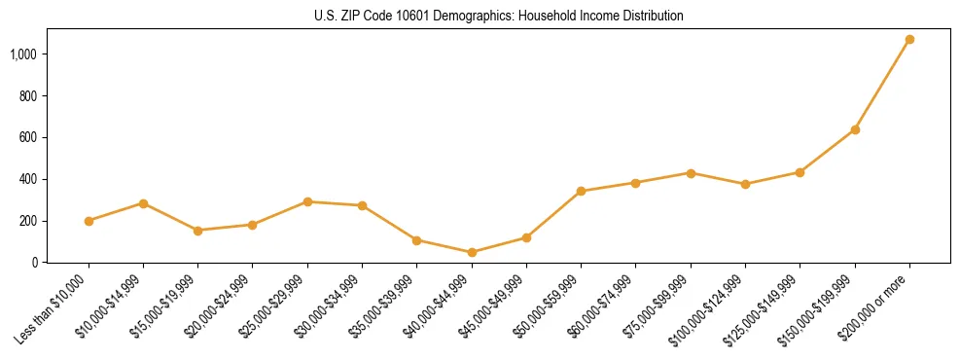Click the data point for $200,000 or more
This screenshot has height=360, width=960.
[909, 40]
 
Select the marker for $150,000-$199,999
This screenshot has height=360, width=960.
[855, 129]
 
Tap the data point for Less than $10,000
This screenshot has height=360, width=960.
[89, 221]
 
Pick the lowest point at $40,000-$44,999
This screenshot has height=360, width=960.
[472, 252]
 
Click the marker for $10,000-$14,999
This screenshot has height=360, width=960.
[143, 203]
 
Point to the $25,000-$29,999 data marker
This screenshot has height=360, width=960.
[307, 201]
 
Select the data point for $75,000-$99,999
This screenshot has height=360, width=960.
[691, 173]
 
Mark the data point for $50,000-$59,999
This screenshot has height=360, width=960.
[581, 191]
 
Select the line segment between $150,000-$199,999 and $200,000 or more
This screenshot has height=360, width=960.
[882, 85]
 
